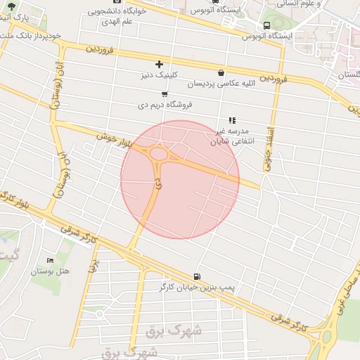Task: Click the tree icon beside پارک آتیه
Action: (x=9, y=6)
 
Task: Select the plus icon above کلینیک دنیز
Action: (x=159, y=65)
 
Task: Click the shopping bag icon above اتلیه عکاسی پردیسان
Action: (x=221, y=72)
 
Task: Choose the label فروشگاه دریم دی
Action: (x=165, y=105)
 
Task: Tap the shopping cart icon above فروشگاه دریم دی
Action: (x=165, y=94)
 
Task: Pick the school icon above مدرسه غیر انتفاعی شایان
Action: (x=232, y=120)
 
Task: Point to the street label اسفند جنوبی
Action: (x=267, y=143)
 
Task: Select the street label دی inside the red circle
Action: (x=157, y=186)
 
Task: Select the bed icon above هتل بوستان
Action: (x=49, y=260)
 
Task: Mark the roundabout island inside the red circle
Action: (x=159, y=154)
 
